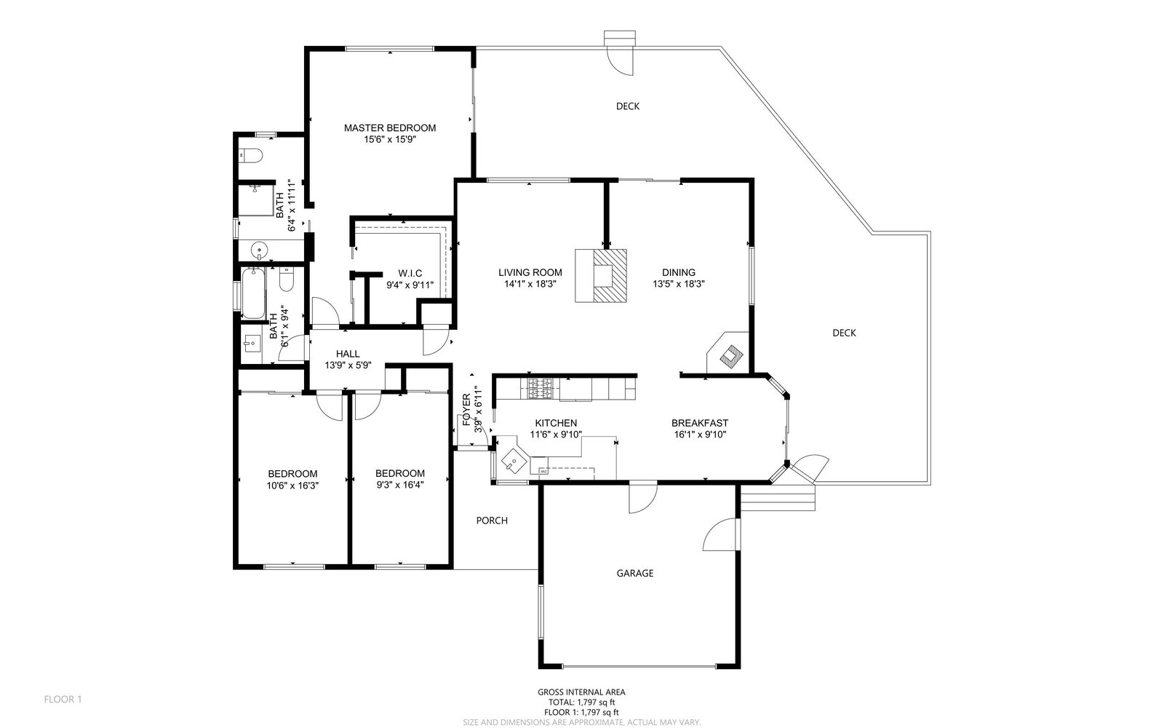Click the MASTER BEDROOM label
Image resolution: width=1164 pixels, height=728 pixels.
pos(390,128)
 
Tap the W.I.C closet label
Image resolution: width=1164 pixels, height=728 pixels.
pos(410,274)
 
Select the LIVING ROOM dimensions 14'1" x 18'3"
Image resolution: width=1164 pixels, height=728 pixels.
pos(530,284)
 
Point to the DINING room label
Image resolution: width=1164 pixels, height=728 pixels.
pos(679,272)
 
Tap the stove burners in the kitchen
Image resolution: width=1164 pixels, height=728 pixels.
pos(541,389)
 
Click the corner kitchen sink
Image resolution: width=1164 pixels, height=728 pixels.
pos(514,462)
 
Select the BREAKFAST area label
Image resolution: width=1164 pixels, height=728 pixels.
pos(699,423)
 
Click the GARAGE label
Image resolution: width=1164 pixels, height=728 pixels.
pos(635,573)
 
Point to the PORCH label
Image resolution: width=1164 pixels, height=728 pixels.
pos(492,521)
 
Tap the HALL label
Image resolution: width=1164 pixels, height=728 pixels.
pos(348,354)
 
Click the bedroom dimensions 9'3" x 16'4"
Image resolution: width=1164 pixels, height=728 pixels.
pos(400,485)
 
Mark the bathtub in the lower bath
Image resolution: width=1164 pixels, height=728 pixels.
pos(253,293)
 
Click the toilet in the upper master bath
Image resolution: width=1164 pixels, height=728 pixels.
pos(250,156)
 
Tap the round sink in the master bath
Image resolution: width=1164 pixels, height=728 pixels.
pos(259,250)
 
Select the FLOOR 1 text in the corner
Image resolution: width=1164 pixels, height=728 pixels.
pos(63,700)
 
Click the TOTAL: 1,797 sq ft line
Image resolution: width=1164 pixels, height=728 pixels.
pos(581,702)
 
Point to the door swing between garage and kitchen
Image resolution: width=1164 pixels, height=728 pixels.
pos(643,498)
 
